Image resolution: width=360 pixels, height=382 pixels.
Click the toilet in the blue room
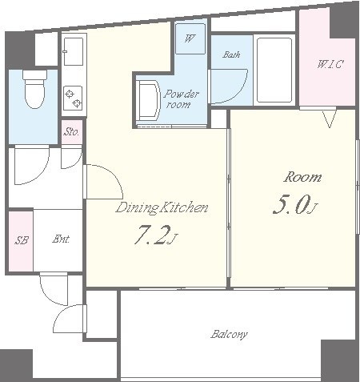click(34, 89)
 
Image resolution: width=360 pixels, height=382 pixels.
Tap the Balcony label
click(229, 335)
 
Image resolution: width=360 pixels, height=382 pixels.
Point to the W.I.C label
click(330, 64)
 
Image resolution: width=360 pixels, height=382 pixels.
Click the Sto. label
click(71, 131)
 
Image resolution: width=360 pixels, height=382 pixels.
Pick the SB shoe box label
click(22, 240)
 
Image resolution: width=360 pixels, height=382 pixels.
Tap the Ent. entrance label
click(61, 239)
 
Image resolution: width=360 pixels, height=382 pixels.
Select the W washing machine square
click(190, 39)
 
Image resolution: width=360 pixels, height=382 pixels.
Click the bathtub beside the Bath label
click(274, 70)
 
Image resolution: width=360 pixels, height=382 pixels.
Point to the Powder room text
click(181, 99)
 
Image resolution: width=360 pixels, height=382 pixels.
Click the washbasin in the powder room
click(148, 99)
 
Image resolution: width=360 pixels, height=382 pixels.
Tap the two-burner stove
click(73, 98)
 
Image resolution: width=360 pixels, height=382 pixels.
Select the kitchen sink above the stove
click(73, 51)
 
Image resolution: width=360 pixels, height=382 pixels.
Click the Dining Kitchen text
click(162, 208)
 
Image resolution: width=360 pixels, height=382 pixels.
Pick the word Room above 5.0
click(302, 178)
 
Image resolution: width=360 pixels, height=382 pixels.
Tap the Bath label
click(231, 54)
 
